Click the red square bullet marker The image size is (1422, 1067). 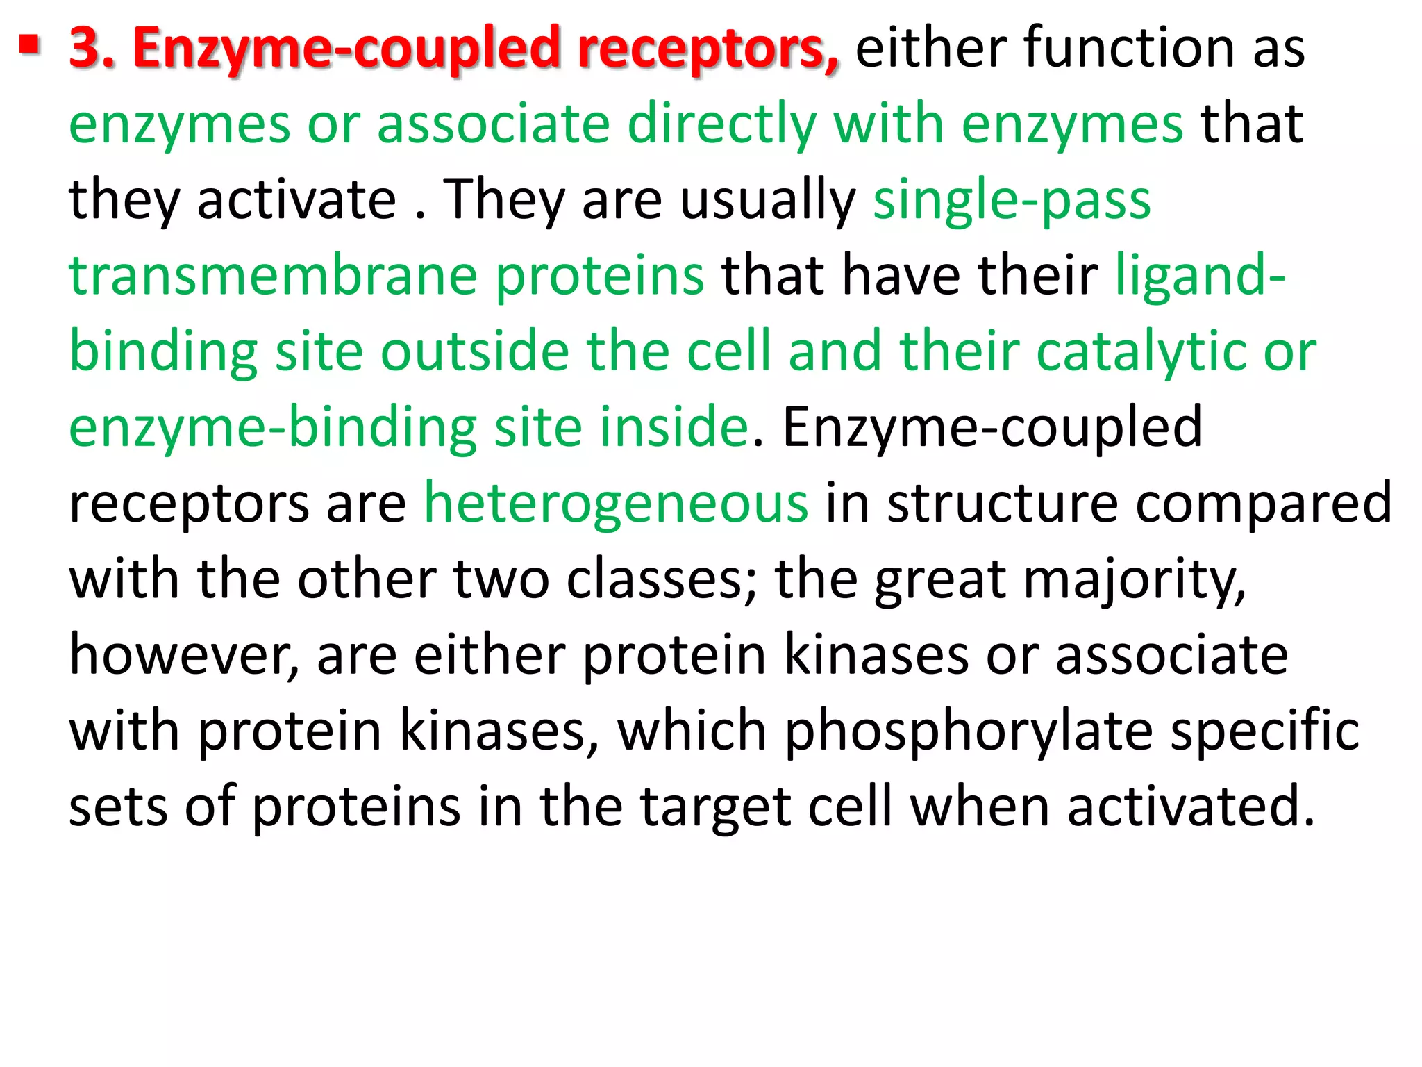pos(29,48)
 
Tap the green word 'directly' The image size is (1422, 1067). pos(721,124)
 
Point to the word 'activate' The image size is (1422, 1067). pos(296,200)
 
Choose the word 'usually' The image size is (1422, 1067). pos(767,200)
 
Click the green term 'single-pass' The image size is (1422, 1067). pos(1012,200)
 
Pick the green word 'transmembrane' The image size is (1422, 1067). pos(273,276)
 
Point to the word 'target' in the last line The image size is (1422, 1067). pos(716,807)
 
